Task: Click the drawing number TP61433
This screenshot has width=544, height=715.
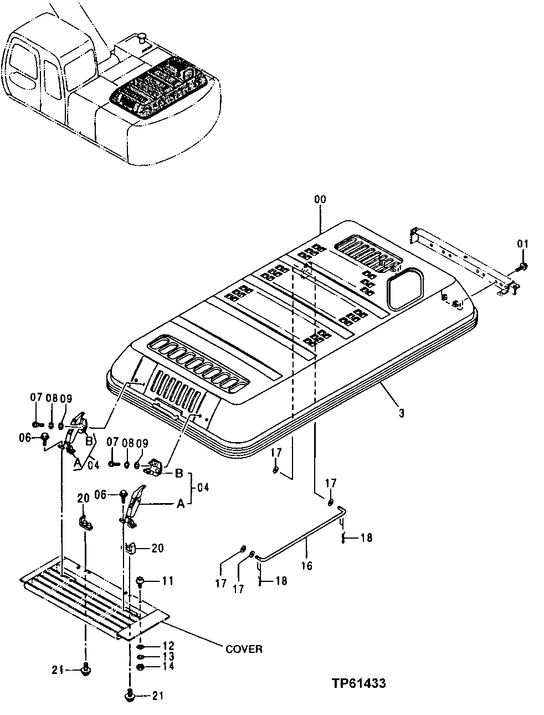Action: coord(359,683)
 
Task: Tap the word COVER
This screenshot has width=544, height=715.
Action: coord(244,648)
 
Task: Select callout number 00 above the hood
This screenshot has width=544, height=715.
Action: coord(320,199)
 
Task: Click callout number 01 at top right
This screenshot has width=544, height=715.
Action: coord(523,243)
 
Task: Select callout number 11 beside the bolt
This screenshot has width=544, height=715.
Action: coord(168,581)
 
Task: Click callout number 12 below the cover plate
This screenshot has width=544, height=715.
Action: coord(168,646)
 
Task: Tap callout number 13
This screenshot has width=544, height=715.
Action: coord(168,657)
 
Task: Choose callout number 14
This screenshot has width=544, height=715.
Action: coord(168,666)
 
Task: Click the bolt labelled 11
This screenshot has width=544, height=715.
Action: coord(141,581)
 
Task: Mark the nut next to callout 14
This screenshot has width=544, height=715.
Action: coord(141,666)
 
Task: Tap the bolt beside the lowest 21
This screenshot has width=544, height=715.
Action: coord(130,694)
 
